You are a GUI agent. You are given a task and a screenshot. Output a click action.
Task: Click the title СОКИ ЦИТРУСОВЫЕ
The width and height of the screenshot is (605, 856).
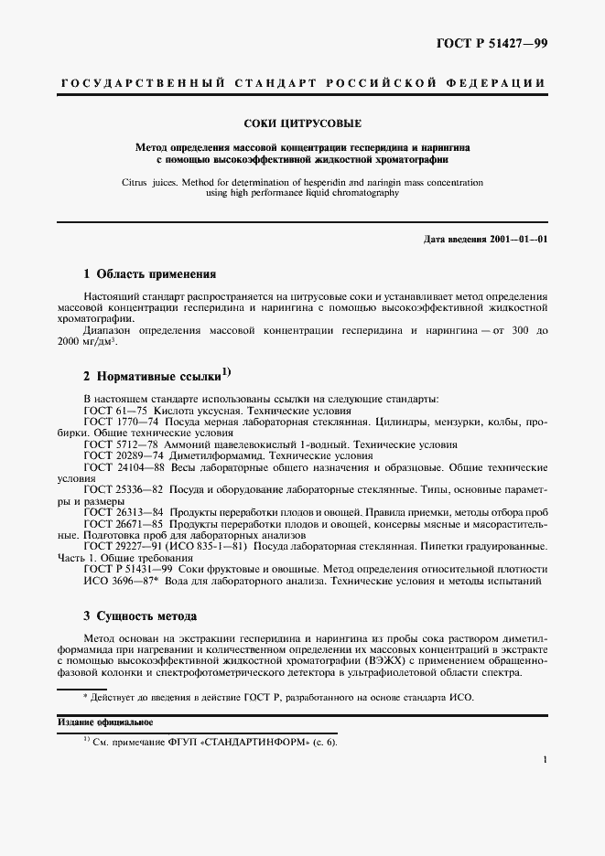[x=301, y=123]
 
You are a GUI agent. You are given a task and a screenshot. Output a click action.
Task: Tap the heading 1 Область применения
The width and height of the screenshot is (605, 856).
[x=149, y=273]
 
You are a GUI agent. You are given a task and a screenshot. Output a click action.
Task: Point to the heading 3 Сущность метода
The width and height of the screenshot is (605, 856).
[x=140, y=615]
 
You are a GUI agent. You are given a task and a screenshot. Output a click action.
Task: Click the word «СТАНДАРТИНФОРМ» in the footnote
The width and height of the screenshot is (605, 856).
[x=261, y=741]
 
